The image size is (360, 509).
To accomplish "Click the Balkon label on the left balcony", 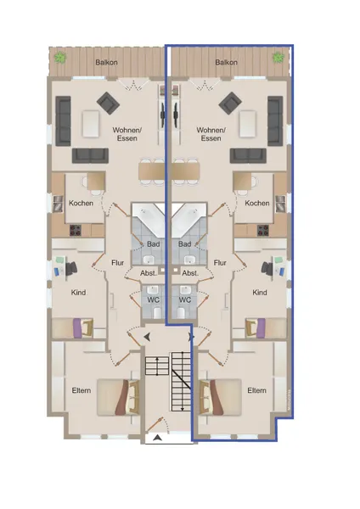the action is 106,62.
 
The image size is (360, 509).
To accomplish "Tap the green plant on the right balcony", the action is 278,58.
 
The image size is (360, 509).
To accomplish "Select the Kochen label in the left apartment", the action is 81,203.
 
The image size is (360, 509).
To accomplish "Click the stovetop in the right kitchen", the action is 263,230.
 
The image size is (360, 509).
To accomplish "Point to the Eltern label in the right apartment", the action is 256,390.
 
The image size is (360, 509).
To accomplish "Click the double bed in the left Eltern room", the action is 118,397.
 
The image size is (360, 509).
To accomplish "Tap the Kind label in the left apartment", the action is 78,292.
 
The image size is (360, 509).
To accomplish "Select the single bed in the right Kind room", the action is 266,328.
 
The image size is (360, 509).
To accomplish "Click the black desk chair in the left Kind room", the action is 71,268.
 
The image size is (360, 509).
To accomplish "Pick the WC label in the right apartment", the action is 185,299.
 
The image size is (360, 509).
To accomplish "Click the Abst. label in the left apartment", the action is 149,273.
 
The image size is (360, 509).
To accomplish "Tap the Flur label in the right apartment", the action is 220,262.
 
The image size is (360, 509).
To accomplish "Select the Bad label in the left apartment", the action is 153,243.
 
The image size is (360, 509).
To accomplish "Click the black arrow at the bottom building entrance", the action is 158,438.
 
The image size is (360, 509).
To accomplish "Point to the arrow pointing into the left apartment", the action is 147,337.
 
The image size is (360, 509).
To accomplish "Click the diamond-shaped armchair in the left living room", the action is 108,103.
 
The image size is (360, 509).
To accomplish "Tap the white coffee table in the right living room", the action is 248,124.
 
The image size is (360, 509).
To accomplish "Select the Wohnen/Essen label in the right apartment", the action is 211,134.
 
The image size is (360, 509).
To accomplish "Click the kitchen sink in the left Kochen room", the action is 58,204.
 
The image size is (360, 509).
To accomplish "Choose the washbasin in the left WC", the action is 152,289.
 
